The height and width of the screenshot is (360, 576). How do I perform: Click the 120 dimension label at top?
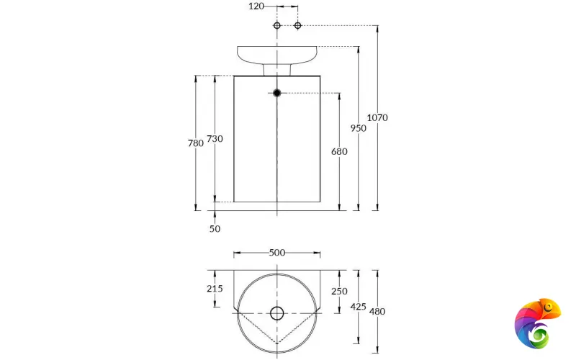coord(256,6)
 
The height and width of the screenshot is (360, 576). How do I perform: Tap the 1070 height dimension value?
coord(377,117)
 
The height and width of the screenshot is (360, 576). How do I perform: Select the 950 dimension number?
coord(359,128)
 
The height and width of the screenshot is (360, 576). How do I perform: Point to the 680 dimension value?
coord(339,152)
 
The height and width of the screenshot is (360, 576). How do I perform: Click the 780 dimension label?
coord(195,143)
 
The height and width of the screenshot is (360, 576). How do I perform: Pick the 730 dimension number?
coord(215,138)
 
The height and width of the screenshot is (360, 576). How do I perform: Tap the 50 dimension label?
coord(215,229)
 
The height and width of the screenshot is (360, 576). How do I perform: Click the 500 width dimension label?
coord(277,252)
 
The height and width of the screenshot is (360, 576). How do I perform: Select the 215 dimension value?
coord(215,289)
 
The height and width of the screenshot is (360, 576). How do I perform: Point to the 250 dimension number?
coord(339,291)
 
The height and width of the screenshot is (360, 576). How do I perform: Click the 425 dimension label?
coord(358,306)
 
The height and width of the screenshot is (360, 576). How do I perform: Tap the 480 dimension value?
coord(377,311)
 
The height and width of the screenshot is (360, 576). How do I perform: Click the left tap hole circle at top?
coord(277,26)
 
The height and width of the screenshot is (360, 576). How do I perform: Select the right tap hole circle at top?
coord(297,26)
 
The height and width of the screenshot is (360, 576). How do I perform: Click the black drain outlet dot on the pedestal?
coord(277,92)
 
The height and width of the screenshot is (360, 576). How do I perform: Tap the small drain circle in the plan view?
coord(277,312)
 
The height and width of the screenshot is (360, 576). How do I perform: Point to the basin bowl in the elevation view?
coord(277,54)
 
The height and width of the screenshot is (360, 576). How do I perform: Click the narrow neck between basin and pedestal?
coord(277,68)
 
